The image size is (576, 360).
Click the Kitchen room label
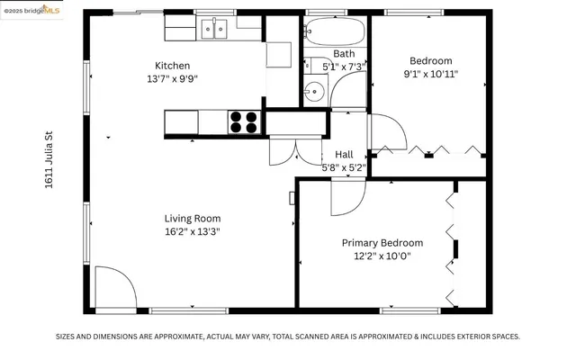172,66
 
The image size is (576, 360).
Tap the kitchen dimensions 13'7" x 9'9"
172,78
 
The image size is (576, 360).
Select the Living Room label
192,218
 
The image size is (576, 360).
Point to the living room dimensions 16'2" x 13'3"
192,231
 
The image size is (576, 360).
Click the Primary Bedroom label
382,243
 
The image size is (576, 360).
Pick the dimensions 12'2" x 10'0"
382,256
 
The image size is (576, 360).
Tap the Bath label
344,54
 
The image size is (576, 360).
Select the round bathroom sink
313,91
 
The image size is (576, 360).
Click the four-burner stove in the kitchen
244,121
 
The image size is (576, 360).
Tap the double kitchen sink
214,30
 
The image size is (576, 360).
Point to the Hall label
344,154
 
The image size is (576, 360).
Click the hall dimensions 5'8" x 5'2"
344,166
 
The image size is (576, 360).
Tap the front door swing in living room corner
113,289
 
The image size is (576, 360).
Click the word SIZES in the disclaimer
69,336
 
